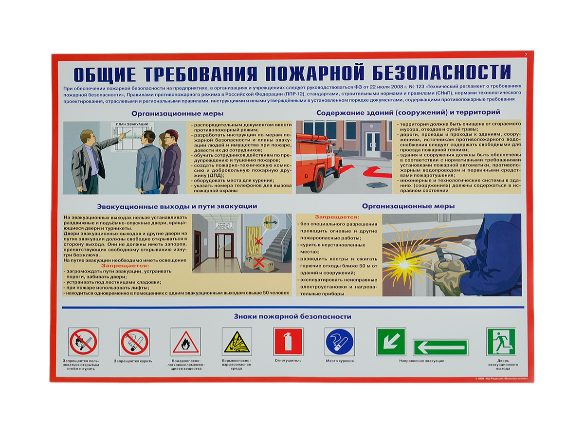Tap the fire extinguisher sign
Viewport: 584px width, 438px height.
click(288, 341)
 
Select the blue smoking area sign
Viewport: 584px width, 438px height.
click(339, 341)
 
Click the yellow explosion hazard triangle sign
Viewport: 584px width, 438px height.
click(237, 342)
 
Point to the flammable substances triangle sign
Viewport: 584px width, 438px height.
click(185, 342)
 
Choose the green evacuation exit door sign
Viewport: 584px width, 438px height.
click(501, 342)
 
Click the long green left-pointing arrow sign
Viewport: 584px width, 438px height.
click(440, 347)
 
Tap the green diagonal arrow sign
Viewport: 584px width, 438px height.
click(391, 341)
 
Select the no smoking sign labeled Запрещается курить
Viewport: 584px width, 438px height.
click(134, 342)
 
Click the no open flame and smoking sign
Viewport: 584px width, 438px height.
click(83, 342)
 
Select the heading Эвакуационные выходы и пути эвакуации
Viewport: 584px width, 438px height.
click(177, 206)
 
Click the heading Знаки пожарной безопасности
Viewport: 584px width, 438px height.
click(292, 316)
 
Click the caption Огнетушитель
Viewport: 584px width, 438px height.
click(288, 361)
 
